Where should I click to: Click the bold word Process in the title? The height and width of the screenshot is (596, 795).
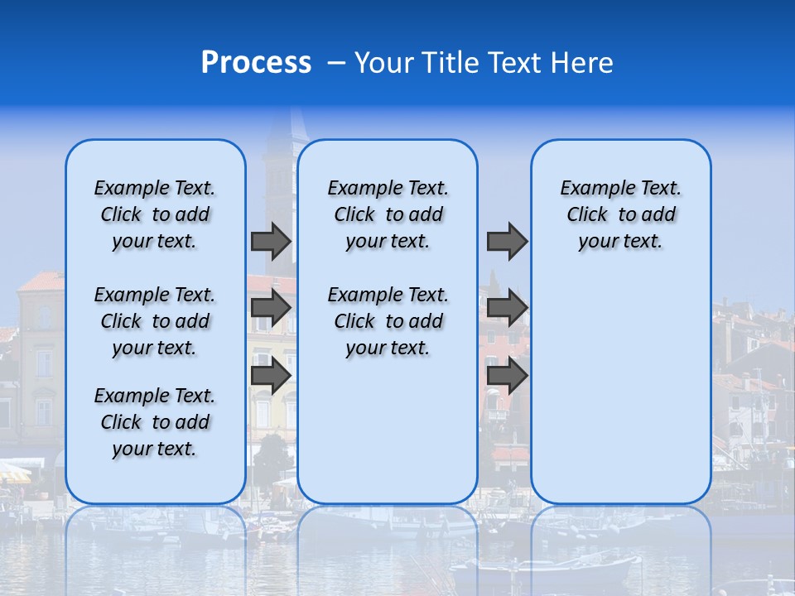pyautogui.click(x=256, y=63)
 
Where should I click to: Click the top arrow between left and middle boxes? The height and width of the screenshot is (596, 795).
pyautogui.click(x=271, y=241)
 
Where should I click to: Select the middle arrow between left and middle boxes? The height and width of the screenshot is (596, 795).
pyautogui.click(x=271, y=308)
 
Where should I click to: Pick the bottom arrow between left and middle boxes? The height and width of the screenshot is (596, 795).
pyautogui.click(x=271, y=375)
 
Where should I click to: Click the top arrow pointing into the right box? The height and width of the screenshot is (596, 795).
pyautogui.click(x=507, y=241)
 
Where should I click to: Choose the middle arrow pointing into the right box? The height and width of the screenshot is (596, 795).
pyautogui.click(x=507, y=308)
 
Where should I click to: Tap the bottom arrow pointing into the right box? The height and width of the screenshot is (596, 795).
pyautogui.click(x=507, y=375)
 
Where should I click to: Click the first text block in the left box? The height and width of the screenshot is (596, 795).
pyautogui.click(x=155, y=214)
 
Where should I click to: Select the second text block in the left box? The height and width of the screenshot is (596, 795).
pyautogui.click(x=155, y=321)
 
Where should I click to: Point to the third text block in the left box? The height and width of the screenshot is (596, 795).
pyautogui.click(x=155, y=422)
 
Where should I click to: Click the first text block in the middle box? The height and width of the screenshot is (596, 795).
pyautogui.click(x=388, y=214)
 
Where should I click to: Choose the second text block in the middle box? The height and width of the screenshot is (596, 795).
pyautogui.click(x=388, y=321)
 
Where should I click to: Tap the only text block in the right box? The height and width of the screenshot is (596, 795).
pyautogui.click(x=621, y=214)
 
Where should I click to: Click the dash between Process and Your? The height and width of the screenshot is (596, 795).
pyautogui.click(x=336, y=63)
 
